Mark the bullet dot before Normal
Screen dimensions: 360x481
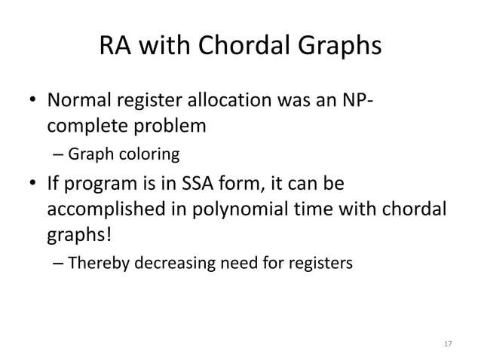[33, 101]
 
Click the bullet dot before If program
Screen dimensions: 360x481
[33, 185]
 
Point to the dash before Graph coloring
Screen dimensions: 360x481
[59, 156]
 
